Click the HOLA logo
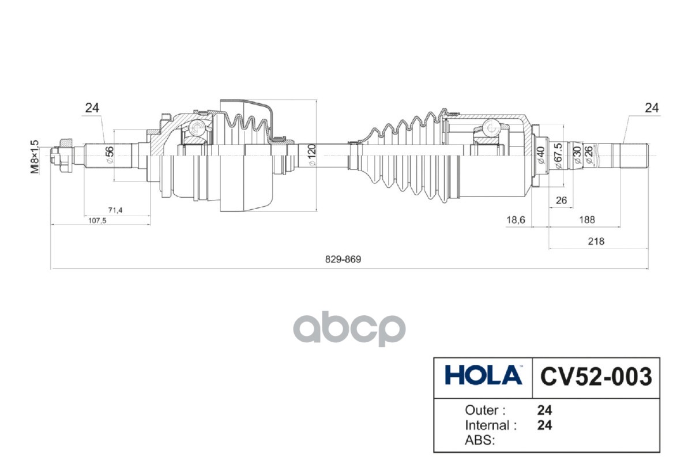(483, 376)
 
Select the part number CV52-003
(596, 377)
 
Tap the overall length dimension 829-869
(343, 259)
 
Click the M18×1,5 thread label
(35, 157)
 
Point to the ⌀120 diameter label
(313, 155)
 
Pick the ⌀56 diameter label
(110, 154)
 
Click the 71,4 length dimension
(115, 210)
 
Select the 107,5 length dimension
(97, 221)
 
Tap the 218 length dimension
(596, 241)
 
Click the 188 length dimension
(587, 220)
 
